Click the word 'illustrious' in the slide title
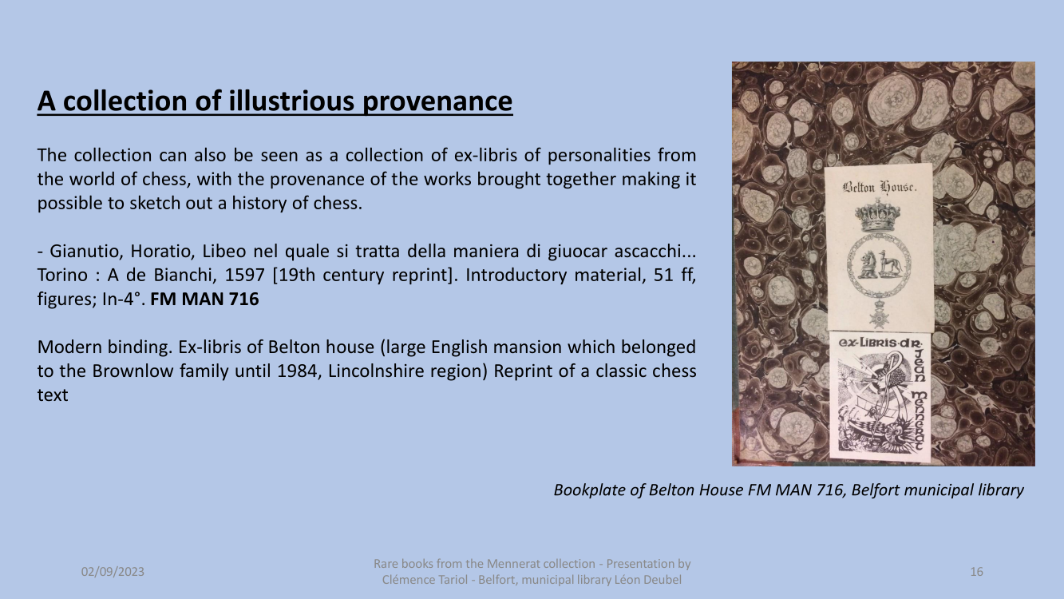pos(291,101)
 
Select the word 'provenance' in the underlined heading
pos(437,101)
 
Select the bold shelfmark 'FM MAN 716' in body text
pos(204,299)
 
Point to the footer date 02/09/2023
pos(113,571)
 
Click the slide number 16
pos(977,571)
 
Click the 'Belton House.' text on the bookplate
pos(880,188)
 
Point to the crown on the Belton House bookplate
pos(877,216)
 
